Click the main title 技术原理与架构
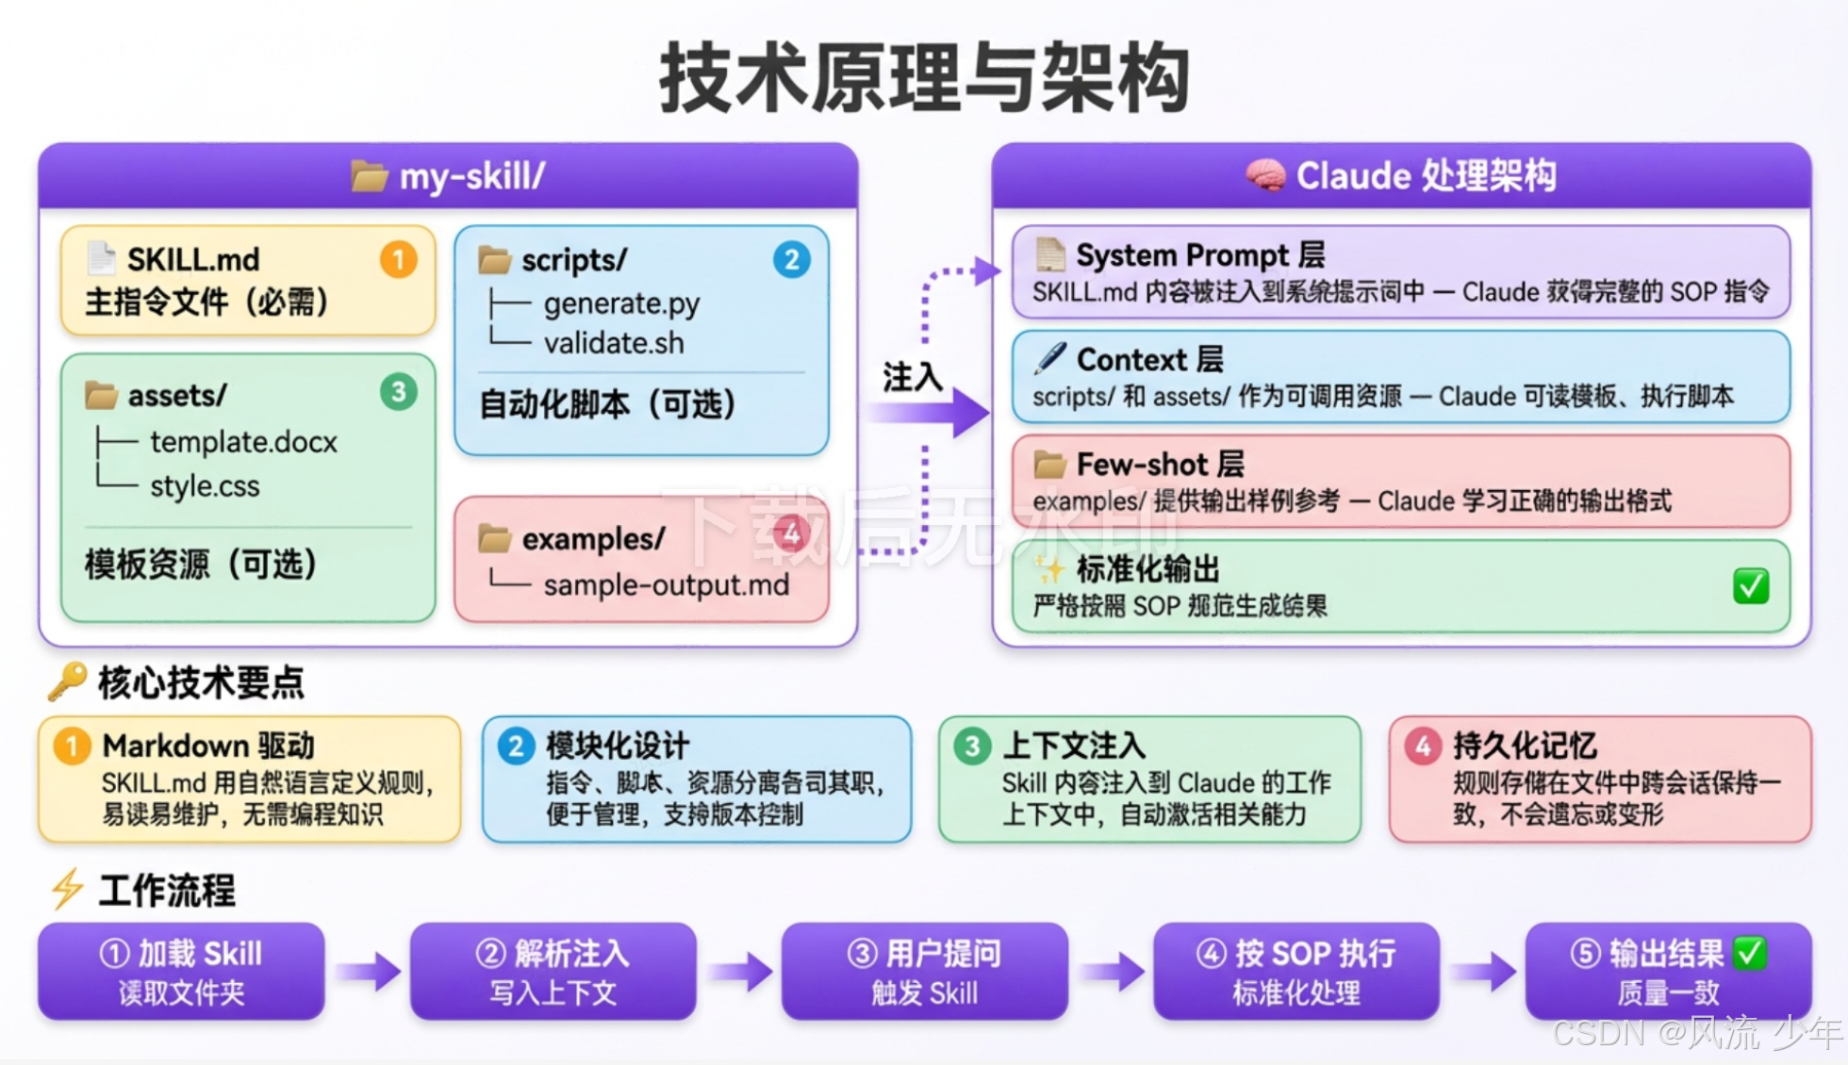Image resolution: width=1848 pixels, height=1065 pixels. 924,77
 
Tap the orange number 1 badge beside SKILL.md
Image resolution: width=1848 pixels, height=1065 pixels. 398,259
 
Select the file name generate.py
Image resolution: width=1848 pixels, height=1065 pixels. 621,303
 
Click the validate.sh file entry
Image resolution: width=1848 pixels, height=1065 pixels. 614,343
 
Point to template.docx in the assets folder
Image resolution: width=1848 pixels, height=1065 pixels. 243,442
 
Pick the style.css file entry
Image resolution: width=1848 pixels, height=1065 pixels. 205,486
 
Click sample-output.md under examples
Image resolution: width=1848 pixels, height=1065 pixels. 666,585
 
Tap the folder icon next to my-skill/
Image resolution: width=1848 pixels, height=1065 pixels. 369,176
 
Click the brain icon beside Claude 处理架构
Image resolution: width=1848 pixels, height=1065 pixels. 1264,175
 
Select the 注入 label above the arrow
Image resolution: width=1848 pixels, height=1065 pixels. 912,377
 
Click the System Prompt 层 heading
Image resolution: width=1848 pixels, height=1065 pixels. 1199,255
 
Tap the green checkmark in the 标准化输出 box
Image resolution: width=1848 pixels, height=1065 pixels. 1750,586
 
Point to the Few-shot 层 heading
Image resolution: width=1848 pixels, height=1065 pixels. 1160,465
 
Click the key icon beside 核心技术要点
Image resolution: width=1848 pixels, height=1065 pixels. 68,680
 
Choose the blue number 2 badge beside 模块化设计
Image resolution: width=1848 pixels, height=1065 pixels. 516,746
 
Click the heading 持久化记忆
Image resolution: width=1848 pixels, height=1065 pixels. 1524,745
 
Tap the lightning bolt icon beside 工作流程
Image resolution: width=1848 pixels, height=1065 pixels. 68,889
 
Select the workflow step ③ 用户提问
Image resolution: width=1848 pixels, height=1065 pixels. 924,971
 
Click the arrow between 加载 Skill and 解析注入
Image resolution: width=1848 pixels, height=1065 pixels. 368,971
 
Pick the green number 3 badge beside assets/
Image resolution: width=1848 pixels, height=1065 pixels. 398,391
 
